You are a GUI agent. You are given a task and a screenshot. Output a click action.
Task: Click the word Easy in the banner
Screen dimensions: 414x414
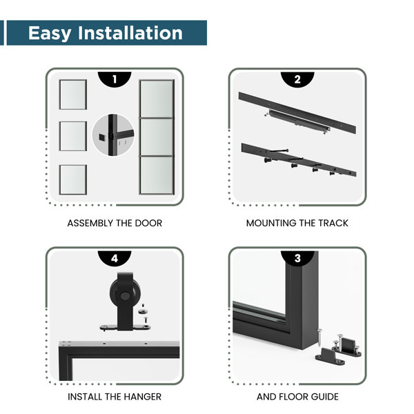click(50, 34)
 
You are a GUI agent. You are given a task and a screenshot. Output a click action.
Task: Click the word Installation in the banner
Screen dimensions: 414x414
click(130, 32)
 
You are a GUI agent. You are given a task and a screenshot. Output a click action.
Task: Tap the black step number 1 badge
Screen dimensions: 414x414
click(115, 79)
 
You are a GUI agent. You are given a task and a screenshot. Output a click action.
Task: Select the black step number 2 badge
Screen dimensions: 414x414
click(297, 79)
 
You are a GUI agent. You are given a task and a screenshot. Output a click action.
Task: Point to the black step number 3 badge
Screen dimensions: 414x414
click(297, 258)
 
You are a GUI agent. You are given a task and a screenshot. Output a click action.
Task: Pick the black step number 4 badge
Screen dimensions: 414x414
click(115, 258)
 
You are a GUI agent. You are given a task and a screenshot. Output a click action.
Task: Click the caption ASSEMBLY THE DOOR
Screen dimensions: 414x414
click(115, 224)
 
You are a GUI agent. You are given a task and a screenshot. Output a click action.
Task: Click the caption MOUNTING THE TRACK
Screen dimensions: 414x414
click(297, 224)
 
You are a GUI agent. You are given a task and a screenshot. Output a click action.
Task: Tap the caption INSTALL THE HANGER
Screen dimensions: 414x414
click(115, 397)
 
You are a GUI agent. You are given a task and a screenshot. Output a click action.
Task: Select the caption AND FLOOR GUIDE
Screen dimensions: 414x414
click(297, 397)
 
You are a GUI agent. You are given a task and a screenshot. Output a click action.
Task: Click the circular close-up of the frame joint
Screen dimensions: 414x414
click(113, 135)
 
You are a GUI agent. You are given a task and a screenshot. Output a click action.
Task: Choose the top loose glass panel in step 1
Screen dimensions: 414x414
click(73, 95)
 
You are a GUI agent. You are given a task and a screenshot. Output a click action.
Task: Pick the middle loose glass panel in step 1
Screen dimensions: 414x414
click(73, 136)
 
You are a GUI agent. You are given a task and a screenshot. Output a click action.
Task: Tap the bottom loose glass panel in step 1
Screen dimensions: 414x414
click(73, 179)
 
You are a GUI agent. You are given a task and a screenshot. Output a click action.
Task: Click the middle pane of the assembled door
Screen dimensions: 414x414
click(157, 137)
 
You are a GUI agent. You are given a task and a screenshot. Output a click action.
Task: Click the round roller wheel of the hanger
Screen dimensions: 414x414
click(125, 295)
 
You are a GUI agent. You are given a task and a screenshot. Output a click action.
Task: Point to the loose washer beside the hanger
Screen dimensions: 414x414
click(143, 312)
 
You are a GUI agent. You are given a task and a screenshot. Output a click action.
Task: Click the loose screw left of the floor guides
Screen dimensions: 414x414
click(319, 337)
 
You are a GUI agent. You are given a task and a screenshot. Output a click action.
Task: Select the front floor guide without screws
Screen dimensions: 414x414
click(330, 357)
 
